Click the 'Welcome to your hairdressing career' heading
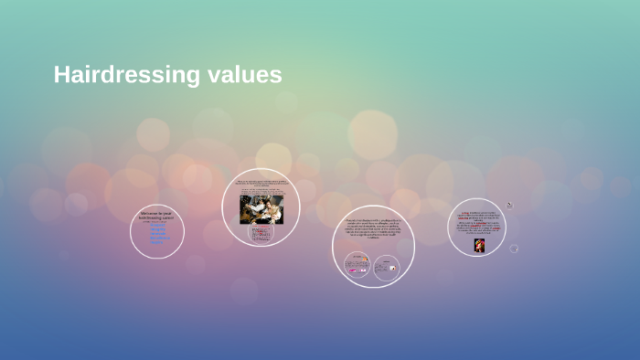156,216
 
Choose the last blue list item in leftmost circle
157,242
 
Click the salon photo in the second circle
261,209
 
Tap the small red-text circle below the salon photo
261,233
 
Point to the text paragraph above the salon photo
261,186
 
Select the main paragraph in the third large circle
373,230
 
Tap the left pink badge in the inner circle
352,270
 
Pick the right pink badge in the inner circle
362,270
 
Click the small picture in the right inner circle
392,269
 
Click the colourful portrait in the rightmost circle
478,245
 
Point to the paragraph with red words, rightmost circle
477,224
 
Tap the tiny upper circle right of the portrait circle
509,206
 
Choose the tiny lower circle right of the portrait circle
514,248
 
